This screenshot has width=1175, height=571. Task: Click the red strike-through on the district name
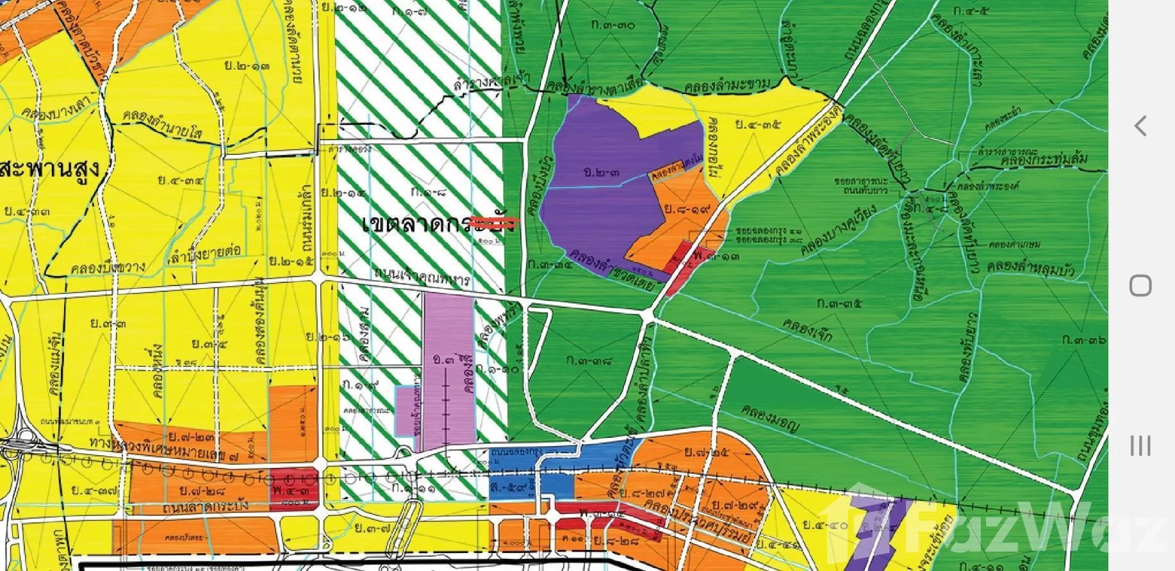point(494,223)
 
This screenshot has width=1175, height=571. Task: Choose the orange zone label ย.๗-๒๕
point(705,454)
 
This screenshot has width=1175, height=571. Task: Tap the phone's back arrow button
point(1140,125)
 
